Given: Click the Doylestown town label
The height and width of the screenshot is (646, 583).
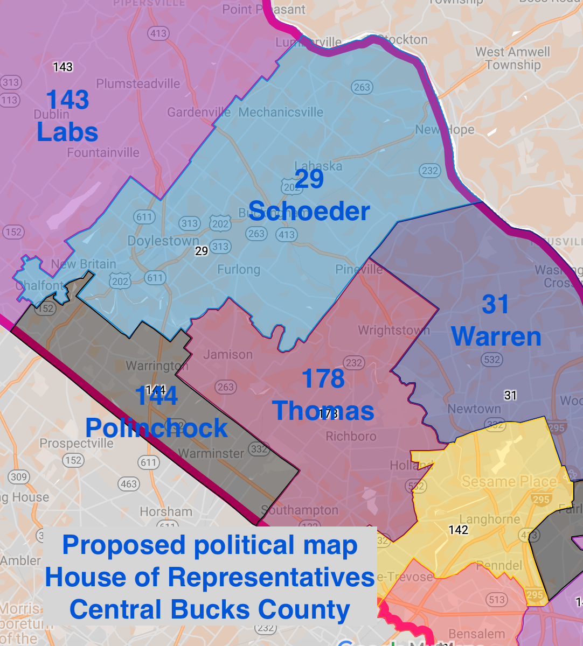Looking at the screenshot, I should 163,241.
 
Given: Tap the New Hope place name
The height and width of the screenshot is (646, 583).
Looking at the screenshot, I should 445,130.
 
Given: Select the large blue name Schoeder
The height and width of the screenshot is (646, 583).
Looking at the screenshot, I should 309,211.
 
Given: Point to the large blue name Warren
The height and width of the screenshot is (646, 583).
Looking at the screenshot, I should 496,336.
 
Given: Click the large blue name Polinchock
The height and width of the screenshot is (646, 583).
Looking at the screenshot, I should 157,428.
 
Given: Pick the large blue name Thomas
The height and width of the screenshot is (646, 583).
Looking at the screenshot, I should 323,411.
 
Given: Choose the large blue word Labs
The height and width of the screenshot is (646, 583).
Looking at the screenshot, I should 67,132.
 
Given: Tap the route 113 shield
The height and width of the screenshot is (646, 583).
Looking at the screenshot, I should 10,100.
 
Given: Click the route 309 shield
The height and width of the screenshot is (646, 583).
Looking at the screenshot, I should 18,476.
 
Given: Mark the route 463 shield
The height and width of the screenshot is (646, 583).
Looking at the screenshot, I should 129,484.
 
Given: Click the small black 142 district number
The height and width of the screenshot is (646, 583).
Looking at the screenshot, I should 458,530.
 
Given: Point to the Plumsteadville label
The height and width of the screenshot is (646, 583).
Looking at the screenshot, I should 138,83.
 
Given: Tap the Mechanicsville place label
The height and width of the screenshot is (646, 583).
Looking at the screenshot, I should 281,112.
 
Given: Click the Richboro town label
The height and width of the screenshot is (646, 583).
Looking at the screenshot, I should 351,436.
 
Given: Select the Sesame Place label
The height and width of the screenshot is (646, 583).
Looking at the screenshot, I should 509,481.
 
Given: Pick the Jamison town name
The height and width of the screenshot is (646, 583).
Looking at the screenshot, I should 228,354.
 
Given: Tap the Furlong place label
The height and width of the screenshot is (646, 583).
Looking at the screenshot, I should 239,269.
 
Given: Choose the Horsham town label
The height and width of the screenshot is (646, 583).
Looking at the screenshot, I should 166,511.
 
